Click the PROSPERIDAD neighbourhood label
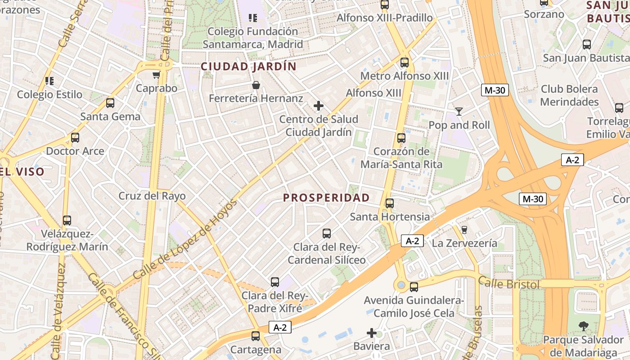click(x=326, y=198)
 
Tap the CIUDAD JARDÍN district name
click(x=248, y=67)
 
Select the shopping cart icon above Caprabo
click(x=156, y=75)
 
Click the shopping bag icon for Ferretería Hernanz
click(x=256, y=85)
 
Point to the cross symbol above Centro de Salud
click(x=319, y=106)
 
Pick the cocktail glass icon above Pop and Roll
click(x=459, y=111)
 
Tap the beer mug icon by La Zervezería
click(x=464, y=230)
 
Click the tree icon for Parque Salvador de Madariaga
click(x=583, y=326)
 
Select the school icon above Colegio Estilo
click(x=49, y=81)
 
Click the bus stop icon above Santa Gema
click(x=110, y=103)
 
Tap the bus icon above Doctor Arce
click(x=75, y=138)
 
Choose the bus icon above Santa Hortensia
click(x=390, y=203)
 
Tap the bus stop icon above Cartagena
click(x=256, y=336)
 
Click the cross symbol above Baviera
click(x=372, y=333)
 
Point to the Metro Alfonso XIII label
click(x=405, y=76)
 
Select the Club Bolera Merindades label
click(x=569, y=95)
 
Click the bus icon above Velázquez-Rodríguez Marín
click(x=67, y=220)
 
